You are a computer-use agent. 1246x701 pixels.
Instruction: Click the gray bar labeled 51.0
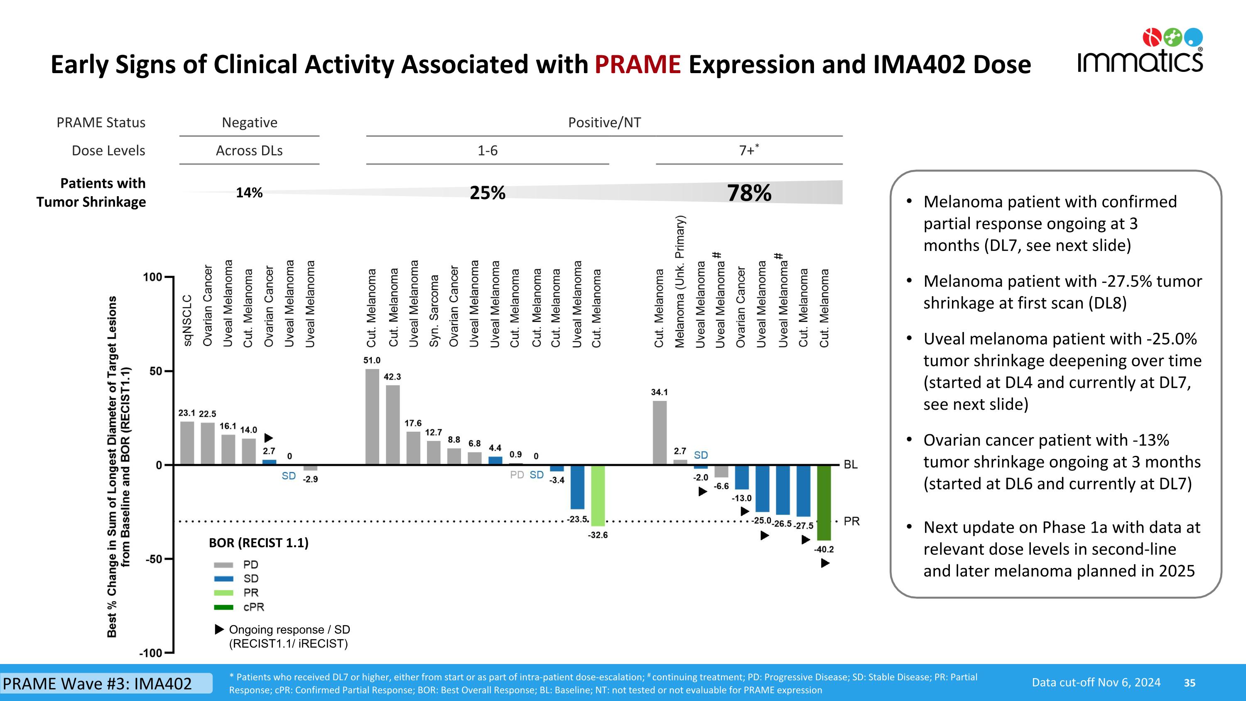[x=372, y=416]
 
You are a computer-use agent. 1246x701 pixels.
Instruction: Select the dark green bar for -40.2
[x=824, y=503]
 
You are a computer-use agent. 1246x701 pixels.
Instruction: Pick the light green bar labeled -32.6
[x=598, y=495]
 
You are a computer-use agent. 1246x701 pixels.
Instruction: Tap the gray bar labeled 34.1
[x=659, y=433]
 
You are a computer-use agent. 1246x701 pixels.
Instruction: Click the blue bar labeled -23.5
[x=577, y=487]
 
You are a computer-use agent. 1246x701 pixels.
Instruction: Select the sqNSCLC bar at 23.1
[x=187, y=443]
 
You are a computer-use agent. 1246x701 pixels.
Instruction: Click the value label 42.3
[x=392, y=377]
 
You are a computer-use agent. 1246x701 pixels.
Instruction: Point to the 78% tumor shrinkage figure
[x=749, y=193]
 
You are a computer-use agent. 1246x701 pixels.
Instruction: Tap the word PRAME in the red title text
[x=638, y=64]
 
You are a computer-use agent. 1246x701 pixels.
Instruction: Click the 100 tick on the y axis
[x=152, y=277]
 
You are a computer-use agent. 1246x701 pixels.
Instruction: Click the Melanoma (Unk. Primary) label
[x=679, y=282]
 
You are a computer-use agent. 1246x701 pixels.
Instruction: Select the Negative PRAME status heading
[x=250, y=123]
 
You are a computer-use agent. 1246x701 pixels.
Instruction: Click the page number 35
[x=1190, y=683]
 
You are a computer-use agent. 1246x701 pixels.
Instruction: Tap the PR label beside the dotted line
[x=851, y=521]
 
